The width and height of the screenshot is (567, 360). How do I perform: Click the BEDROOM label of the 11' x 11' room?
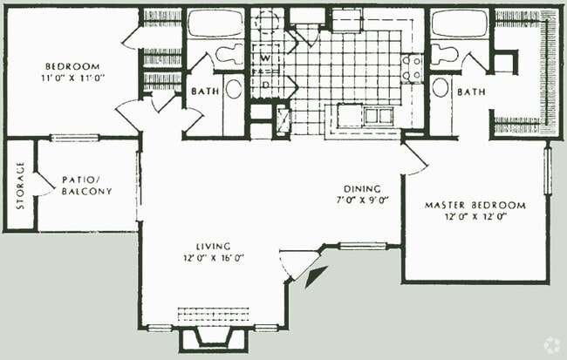[72, 66]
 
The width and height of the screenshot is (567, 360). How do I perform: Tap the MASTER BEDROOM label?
[475, 206]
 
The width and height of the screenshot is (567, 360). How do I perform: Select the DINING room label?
[362, 189]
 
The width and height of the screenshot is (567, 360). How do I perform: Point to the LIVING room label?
[214, 247]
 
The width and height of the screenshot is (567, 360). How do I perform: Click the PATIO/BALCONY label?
[86, 186]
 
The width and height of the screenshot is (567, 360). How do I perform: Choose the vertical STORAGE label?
[21, 186]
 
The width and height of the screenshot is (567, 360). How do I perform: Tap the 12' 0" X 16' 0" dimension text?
[214, 258]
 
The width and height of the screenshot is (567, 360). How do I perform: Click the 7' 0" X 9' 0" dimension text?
[363, 200]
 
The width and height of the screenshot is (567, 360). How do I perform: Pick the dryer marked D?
[266, 85]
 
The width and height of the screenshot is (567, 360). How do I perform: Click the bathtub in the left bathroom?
[215, 24]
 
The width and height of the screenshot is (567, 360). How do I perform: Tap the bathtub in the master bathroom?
[460, 24]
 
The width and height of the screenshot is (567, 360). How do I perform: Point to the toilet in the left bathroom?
[230, 54]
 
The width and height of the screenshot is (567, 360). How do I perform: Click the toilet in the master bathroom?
[444, 54]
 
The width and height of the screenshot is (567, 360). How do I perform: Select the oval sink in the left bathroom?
[234, 89]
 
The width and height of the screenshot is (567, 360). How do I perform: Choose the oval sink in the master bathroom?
[441, 87]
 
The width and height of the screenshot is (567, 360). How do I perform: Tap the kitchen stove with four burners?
[412, 68]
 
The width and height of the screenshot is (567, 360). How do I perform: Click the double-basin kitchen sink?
[378, 116]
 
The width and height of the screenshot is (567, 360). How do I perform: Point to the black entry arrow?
[316, 276]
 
